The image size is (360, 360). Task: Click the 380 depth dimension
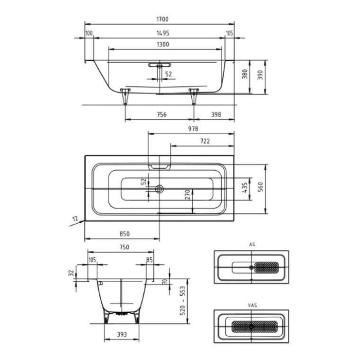245,75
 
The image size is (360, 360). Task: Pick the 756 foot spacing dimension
160,115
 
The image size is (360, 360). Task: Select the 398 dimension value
215,115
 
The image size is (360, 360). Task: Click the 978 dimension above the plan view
192,129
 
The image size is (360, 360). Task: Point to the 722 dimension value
204,141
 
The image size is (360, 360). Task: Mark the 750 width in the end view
124,247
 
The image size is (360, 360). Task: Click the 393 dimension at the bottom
122,334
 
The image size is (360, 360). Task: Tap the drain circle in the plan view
159,189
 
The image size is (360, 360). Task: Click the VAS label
252,305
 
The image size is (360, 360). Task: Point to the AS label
252,245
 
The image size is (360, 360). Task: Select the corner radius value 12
75,219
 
